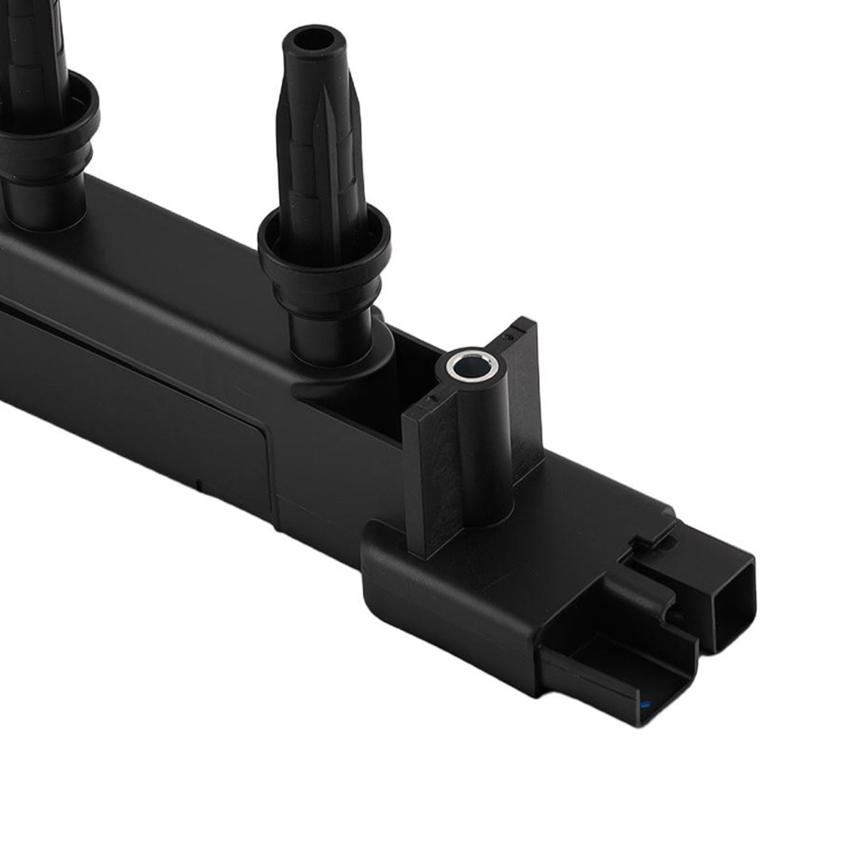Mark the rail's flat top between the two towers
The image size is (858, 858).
[x=172, y=249]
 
